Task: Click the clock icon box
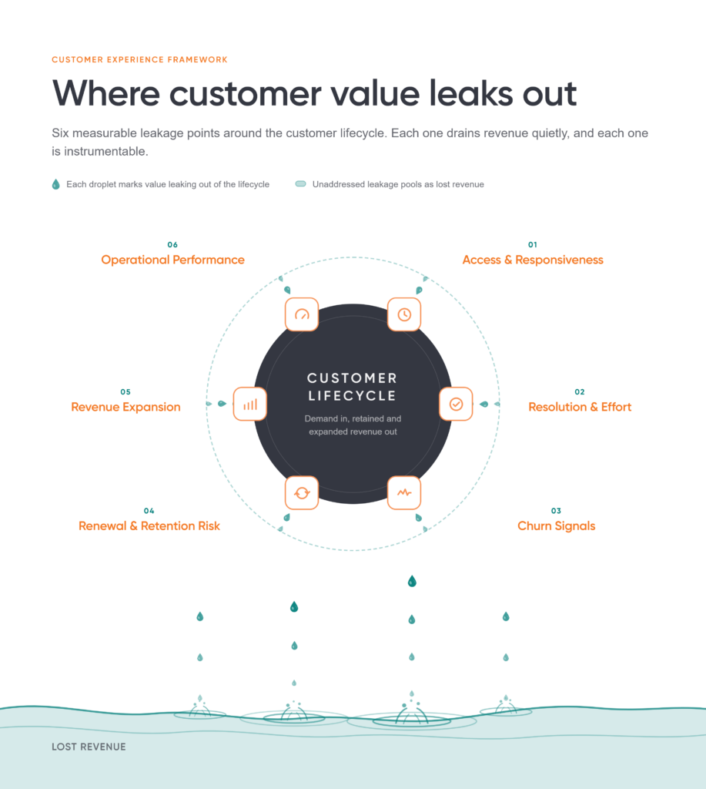[x=404, y=314]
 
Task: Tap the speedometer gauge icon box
[x=302, y=314]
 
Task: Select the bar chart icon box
[x=250, y=404]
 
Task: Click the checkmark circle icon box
[x=456, y=404]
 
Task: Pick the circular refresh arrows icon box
[x=302, y=492]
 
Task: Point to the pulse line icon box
[x=404, y=492]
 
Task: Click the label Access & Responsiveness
[x=533, y=260]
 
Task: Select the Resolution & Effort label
[x=580, y=407]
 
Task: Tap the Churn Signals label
[x=556, y=525]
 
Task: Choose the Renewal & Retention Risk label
[x=149, y=525]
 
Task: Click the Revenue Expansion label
[x=125, y=407]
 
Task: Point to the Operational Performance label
[x=172, y=260]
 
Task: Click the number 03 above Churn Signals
[x=556, y=511]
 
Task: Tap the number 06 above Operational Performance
[x=172, y=244]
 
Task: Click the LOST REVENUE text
[x=89, y=747]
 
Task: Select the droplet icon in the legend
[x=55, y=184]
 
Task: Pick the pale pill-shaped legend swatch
[x=301, y=183]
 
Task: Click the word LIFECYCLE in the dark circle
[x=353, y=396]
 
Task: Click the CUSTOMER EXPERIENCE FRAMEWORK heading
[x=140, y=59]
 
